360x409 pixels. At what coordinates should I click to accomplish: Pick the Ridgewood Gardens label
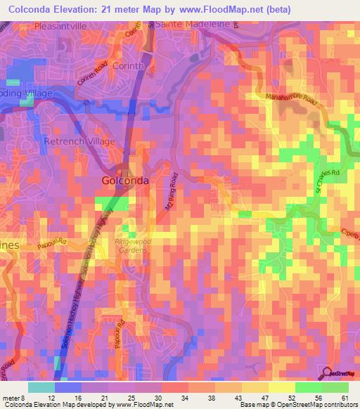(133, 246)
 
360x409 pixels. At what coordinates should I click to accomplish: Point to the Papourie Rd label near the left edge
(53, 241)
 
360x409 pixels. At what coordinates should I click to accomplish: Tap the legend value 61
(344, 398)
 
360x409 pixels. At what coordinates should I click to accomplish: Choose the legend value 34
(184, 398)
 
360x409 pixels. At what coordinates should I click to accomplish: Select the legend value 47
(264, 398)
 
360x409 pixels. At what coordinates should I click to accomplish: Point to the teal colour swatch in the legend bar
(41, 387)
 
